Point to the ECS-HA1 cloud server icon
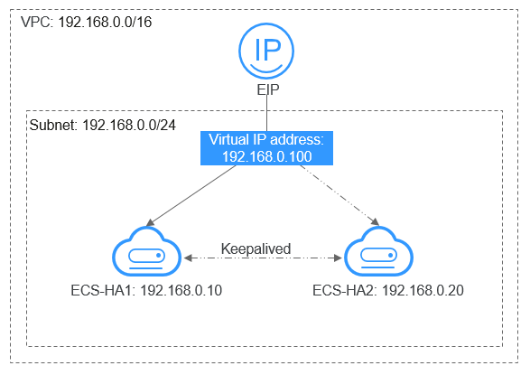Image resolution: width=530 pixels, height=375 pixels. pyautogui.click(x=144, y=255)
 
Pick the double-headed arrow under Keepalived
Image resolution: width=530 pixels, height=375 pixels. pyautogui.click(x=261, y=258)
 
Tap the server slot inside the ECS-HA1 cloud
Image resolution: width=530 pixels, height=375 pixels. pyautogui.click(x=144, y=258)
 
